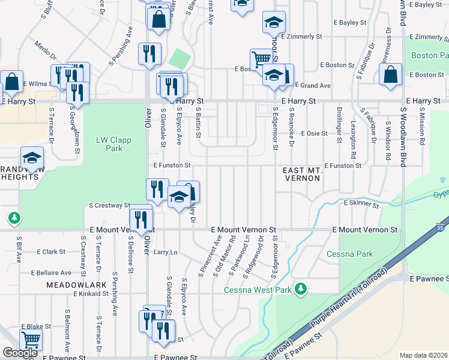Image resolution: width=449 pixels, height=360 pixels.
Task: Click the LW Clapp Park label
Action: pos(109,144)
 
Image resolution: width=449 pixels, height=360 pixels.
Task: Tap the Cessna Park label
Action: pos(350,254)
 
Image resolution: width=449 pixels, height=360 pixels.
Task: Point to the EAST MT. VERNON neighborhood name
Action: pos(303,174)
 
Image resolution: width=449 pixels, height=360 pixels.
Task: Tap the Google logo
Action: pos(20,353)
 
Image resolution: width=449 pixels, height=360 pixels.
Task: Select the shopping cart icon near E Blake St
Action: pos(31,341)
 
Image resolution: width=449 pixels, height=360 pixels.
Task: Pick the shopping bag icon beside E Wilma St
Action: pos(11,83)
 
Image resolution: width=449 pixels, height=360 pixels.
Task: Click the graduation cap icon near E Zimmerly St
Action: pos(274,23)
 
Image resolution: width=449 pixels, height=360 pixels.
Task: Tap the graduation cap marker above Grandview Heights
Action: pos(32,158)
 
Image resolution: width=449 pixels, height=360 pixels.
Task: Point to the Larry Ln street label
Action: pos(166,253)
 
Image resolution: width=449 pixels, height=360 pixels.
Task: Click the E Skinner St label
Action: pos(361,205)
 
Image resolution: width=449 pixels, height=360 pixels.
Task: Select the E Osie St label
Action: pos(315,133)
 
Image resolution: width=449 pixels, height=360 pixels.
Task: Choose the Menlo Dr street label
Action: pos(46,50)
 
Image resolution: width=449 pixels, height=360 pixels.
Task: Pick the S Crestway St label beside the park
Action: pos(109,205)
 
